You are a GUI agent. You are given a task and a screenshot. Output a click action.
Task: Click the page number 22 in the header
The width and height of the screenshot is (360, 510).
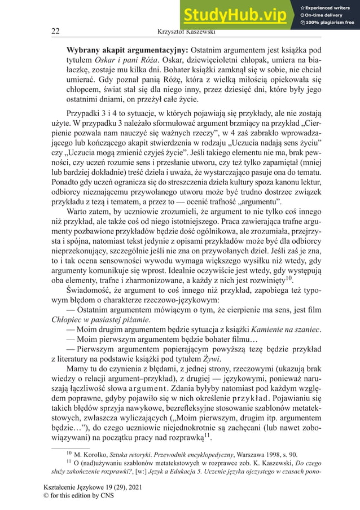56,31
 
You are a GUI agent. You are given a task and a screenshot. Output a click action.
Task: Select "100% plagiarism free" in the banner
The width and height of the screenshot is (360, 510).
330,23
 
